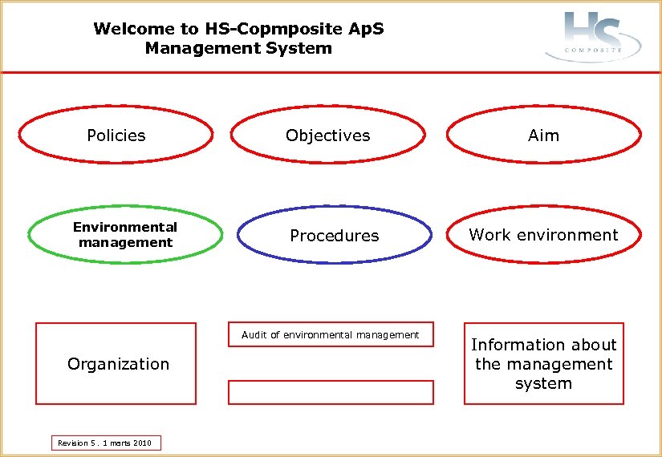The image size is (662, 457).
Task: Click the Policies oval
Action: tap(116, 135)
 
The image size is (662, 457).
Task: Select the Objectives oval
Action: tap(327, 135)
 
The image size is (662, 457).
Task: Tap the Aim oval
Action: tap(543, 135)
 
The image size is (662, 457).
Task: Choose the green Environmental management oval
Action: tap(125, 235)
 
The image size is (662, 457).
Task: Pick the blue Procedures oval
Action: tap(334, 236)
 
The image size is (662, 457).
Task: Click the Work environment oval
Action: tap(543, 235)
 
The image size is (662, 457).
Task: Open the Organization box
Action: tap(116, 364)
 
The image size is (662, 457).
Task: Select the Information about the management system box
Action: tap(543, 364)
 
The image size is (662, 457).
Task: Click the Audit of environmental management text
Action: tap(330, 334)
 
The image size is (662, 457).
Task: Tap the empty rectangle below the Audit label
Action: tap(331, 392)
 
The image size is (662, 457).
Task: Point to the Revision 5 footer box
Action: tap(105, 443)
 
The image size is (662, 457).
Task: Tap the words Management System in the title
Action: tap(238, 48)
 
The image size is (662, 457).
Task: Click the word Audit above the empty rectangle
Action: tap(254, 334)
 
